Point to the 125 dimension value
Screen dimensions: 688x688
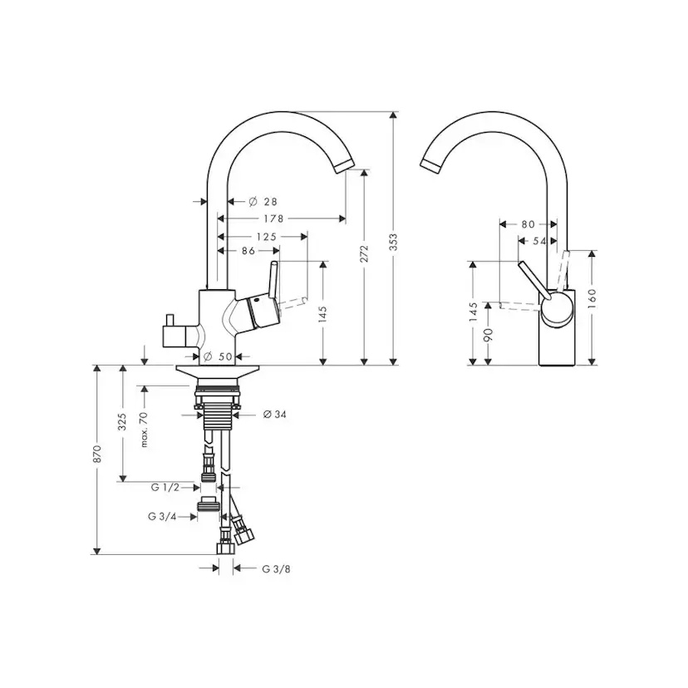point(267,237)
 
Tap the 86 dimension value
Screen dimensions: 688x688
point(248,250)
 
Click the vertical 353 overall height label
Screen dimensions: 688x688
point(394,240)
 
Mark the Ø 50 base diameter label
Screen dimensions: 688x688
point(221,356)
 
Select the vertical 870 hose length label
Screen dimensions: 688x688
point(97,454)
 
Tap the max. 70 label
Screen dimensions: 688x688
point(143,429)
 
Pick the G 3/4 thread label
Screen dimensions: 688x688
point(162,516)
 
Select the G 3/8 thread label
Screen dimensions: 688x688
point(277,569)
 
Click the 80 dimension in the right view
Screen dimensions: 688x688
point(528,224)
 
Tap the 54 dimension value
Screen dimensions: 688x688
point(538,241)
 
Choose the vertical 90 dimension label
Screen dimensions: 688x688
point(489,334)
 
